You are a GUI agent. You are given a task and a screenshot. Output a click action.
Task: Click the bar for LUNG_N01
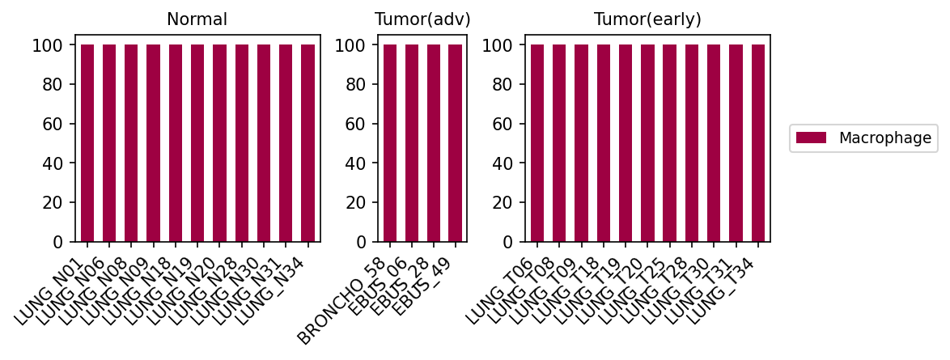pos(87,143)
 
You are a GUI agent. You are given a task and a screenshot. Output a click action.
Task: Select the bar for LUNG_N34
pos(307,143)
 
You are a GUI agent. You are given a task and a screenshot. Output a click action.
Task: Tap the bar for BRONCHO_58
pos(389,143)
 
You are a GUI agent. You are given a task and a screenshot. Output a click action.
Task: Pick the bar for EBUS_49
pos(456,143)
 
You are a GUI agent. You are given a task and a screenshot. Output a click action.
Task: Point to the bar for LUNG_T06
pos(537,143)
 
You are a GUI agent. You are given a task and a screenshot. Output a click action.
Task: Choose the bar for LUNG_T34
pos(758,143)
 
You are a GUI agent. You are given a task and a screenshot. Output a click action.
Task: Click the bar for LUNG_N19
pos(197,143)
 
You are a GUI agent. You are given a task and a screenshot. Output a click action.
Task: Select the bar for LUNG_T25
pos(669,143)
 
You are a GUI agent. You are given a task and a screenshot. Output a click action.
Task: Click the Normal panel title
pos(197,19)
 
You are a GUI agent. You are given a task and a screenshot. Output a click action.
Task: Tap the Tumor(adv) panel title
pos(422,19)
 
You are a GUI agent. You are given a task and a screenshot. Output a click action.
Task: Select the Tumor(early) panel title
pos(647,19)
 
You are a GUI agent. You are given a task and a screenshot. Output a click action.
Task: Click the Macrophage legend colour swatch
pos(811,138)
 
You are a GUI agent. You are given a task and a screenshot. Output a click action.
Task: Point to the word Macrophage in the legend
pos(885,138)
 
